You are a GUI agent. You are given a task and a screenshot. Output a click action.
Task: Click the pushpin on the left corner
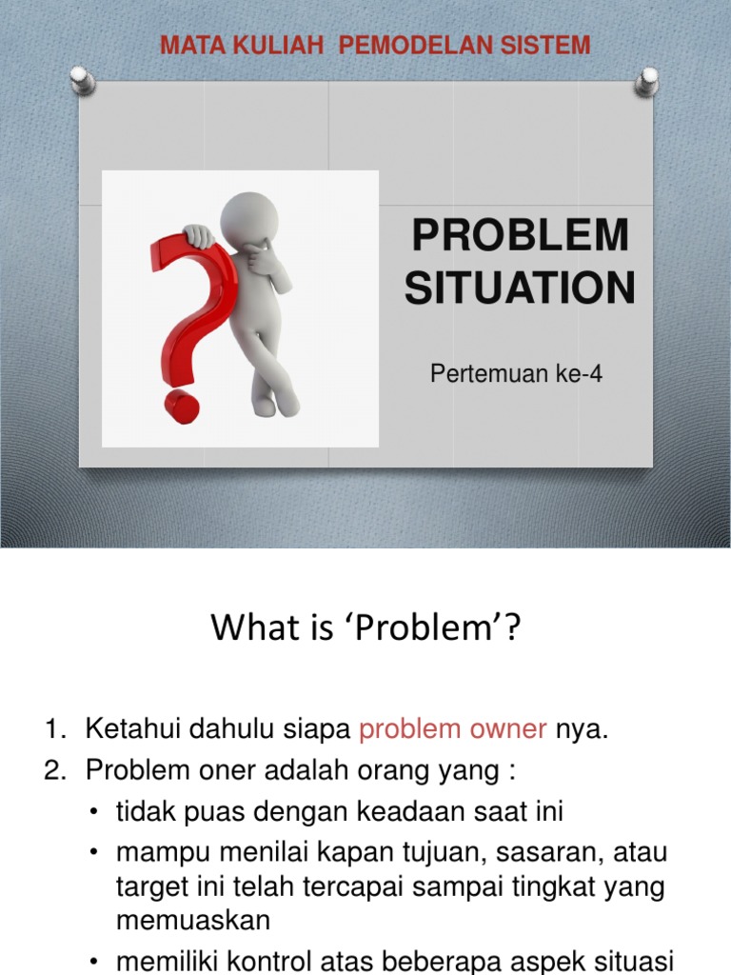coord(82,80)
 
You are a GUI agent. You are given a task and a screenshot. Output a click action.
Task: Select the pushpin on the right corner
coord(646,82)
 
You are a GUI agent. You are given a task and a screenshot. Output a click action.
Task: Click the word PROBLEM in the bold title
coord(521,234)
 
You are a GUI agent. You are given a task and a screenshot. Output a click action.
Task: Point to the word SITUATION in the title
coord(520,288)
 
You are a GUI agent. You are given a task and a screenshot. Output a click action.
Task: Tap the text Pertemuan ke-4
coord(516,373)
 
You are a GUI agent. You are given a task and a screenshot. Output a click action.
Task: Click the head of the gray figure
coord(247,218)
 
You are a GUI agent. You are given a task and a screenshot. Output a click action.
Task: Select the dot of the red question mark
coord(182,407)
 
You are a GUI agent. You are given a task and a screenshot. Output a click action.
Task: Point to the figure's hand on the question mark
coord(198,236)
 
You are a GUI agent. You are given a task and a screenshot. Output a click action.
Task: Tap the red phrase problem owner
coord(452,728)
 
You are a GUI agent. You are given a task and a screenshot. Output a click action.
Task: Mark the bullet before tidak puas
coord(93,812)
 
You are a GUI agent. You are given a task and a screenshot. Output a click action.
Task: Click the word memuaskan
coord(193,921)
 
